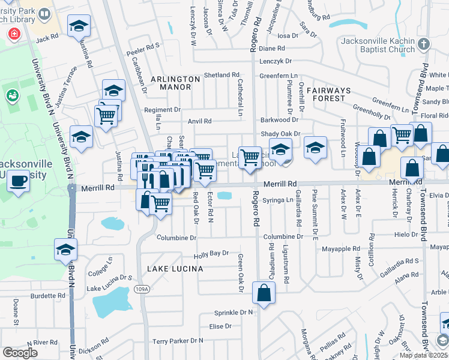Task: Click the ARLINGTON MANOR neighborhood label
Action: point(175,79)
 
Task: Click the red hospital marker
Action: point(13,34)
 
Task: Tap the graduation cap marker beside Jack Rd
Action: point(78,26)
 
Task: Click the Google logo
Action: point(20,353)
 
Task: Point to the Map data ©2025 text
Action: point(424,355)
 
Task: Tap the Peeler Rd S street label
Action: point(142,46)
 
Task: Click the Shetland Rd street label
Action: point(221,75)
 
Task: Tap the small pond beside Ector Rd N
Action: point(223,196)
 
